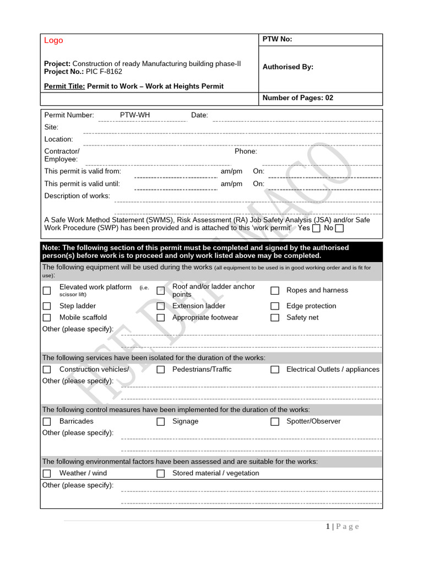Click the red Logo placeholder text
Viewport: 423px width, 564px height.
(53, 40)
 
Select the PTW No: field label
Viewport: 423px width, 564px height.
(277, 39)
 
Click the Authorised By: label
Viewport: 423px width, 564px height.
(288, 67)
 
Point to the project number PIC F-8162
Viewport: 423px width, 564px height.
(104, 72)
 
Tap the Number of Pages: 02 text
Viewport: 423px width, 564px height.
(297, 98)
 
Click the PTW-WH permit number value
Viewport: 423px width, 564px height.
(134, 115)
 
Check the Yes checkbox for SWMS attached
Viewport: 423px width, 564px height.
(316, 228)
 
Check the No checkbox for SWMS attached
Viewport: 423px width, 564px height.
(339, 228)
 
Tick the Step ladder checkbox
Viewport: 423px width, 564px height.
(47, 306)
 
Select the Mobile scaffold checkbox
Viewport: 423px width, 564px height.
(47, 318)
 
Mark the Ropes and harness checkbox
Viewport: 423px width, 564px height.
(275, 290)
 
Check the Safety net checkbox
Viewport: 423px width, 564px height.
(275, 318)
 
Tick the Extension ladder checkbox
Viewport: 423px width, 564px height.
(161, 306)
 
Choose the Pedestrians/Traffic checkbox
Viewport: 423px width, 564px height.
(161, 370)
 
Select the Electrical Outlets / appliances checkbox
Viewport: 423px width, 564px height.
(275, 370)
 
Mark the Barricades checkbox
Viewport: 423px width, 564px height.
(47, 421)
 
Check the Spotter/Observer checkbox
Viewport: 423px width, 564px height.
(275, 421)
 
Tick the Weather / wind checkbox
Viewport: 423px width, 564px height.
(47, 473)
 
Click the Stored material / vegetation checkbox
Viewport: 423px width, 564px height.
(161, 473)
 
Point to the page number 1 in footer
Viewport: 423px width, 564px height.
(327, 527)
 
